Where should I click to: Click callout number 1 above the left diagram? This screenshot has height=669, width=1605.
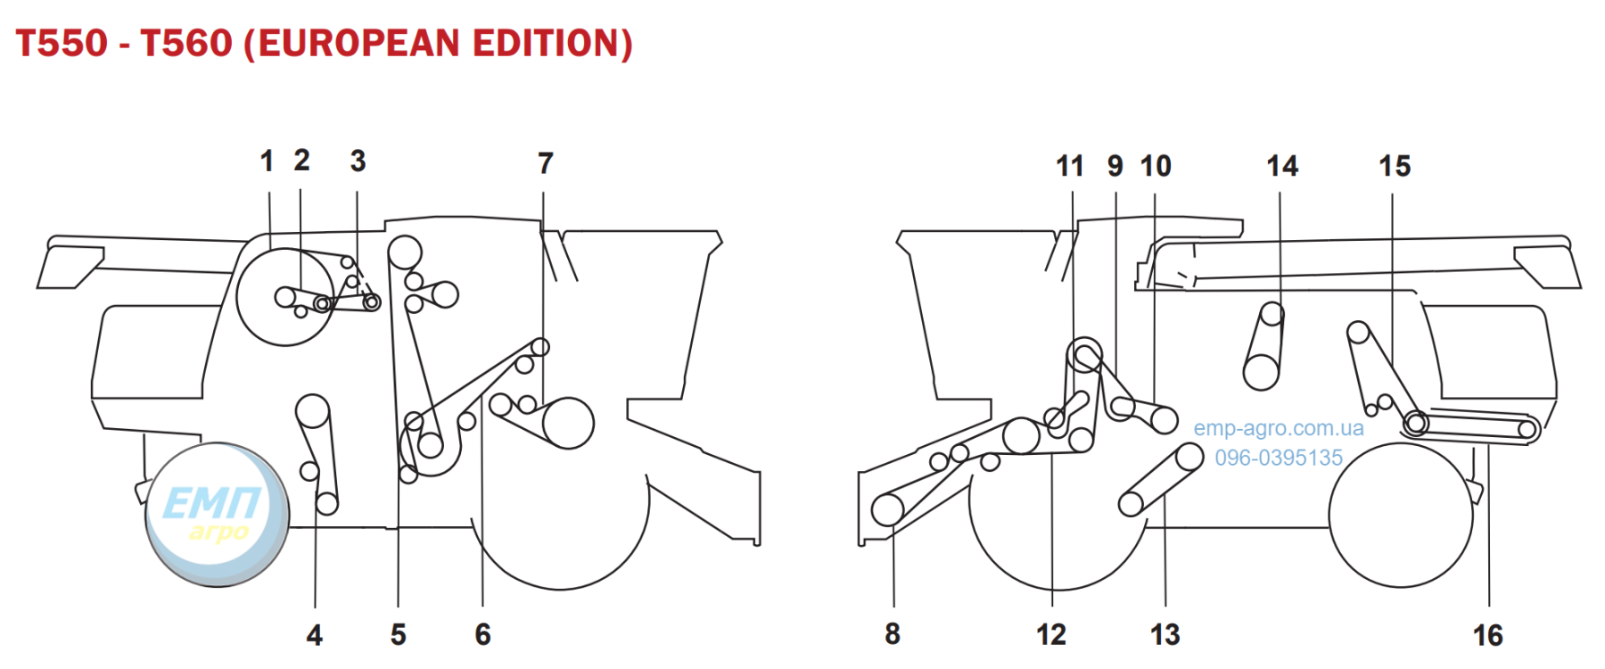[267, 161]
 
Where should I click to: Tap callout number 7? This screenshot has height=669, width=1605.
[546, 163]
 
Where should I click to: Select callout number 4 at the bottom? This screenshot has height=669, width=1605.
[314, 635]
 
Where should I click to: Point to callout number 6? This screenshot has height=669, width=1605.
[482, 634]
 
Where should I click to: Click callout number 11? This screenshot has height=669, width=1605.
[1069, 166]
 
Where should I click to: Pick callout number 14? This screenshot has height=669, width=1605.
[1282, 166]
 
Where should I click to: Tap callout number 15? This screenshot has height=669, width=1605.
[1395, 166]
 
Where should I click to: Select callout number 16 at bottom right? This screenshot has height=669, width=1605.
[1487, 635]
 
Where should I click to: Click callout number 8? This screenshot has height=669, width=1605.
[893, 634]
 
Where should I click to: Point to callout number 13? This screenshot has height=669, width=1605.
[1165, 634]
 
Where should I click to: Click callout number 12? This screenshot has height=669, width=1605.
[1051, 634]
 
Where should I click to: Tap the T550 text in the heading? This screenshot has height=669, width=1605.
[62, 43]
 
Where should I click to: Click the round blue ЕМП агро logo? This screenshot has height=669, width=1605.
[217, 515]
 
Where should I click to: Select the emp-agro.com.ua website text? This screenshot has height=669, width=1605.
[1279, 428]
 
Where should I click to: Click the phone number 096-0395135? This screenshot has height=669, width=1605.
[1279, 458]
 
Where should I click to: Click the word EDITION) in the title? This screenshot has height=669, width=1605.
[553, 43]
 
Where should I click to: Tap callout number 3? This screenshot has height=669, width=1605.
[358, 161]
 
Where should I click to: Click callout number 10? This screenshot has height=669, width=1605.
[1156, 166]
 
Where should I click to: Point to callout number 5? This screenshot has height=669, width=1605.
[398, 634]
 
